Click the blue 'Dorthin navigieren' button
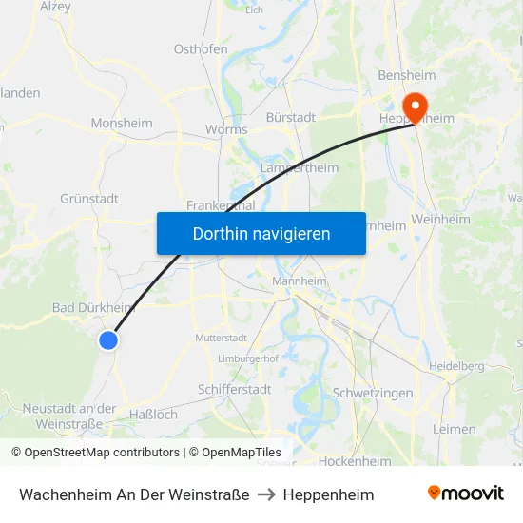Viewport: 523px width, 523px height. tap(261, 233)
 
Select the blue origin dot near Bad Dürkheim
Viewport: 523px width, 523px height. tap(108, 339)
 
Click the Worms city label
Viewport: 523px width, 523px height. tap(226, 129)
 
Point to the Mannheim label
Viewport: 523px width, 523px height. tap(300, 281)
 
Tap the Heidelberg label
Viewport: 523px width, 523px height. tap(456, 365)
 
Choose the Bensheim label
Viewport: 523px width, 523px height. tap(406, 75)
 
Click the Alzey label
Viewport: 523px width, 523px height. tap(56, 6)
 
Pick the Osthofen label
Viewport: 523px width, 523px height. tap(200, 48)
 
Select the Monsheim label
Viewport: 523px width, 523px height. tap(122, 123)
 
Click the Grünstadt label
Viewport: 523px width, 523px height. tap(89, 199)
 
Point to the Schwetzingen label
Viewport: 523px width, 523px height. tap(373, 393)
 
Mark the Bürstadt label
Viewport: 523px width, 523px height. tap(290, 117)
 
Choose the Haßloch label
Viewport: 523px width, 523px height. tap(152, 414)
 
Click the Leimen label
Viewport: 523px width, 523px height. tap(454, 429)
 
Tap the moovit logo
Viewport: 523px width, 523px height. tap(466, 493)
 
